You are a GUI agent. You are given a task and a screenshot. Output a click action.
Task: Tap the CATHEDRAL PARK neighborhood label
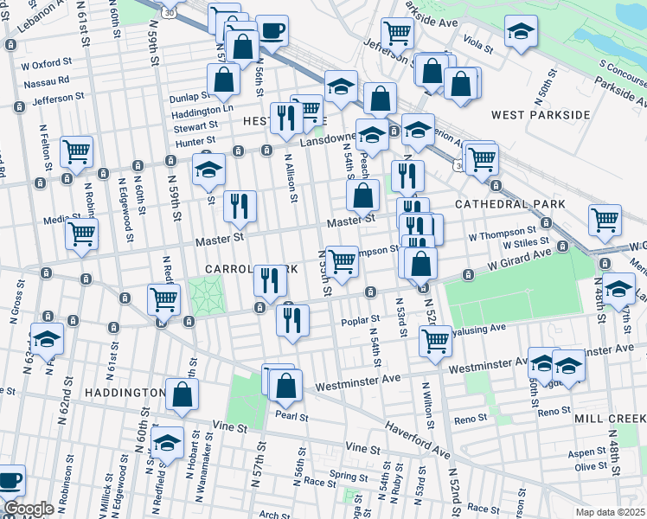510,204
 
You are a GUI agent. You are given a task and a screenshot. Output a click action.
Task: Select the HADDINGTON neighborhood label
125,393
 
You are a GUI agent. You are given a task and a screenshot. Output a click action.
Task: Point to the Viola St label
477,41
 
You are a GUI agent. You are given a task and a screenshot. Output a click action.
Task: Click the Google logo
29,509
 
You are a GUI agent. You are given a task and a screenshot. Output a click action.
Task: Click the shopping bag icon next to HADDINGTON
183,394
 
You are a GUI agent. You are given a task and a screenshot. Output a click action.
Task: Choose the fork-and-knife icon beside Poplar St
292,320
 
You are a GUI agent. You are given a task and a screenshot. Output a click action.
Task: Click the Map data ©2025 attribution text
611,512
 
